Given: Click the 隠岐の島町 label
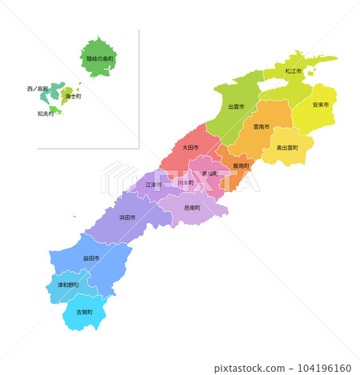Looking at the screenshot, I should (x=100, y=59).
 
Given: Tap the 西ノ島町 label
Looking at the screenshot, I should (x=37, y=88).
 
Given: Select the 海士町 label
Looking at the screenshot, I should (x=73, y=96).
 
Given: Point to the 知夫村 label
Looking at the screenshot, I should (x=46, y=114).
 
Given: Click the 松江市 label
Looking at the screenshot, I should (x=292, y=71).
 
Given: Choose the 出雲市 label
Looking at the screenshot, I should (x=236, y=106).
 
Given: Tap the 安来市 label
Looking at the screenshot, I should (x=320, y=105).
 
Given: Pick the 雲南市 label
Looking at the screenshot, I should (x=261, y=126).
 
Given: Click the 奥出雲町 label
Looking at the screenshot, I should (x=287, y=148).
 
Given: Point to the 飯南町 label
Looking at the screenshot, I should (x=241, y=166).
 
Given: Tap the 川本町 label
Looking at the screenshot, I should (x=185, y=183).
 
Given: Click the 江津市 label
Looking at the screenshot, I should (x=153, y=185).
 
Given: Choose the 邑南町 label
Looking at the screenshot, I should (x=192, y=207).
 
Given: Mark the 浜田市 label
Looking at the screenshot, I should (x=127, y=217).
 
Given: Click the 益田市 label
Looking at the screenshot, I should (x=91, y=258).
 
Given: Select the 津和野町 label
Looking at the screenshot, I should (x=67, y=285).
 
